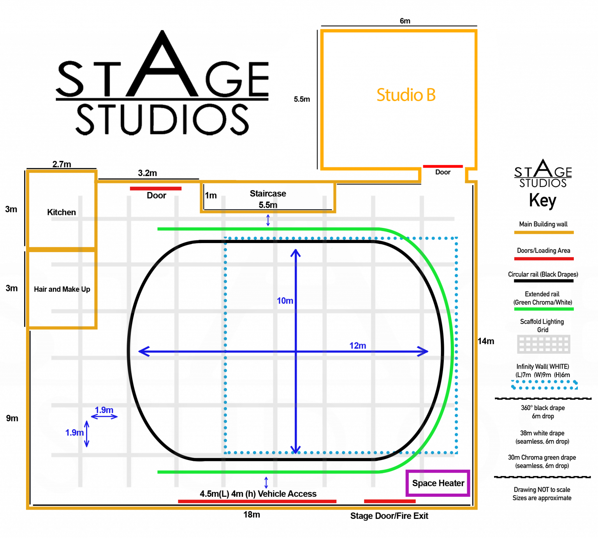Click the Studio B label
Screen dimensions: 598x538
coord(406,95)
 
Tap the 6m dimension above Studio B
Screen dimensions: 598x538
coord(405,21)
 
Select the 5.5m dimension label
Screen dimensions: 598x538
coord(302,99)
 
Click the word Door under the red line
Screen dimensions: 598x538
coord(443,172)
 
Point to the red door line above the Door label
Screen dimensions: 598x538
coord(443,166)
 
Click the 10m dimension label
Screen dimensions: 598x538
coord(285,301)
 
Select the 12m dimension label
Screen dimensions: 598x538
coord(357,346)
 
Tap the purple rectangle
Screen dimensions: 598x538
coord(438,483)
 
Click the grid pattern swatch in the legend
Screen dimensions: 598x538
coord(543,344)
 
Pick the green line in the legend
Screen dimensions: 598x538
coord(543,309)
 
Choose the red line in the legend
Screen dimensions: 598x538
coord(543,259)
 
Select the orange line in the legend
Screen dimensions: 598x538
coord(543,233)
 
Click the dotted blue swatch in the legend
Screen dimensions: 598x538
coord(544,385)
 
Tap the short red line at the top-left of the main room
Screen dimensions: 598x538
coord(156,189)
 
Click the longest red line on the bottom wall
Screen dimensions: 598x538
coord(257,501)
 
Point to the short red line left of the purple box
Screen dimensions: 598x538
coord(390,501)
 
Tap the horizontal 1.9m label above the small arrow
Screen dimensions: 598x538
coord(104,410)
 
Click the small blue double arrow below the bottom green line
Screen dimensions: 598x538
coord(266,483)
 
